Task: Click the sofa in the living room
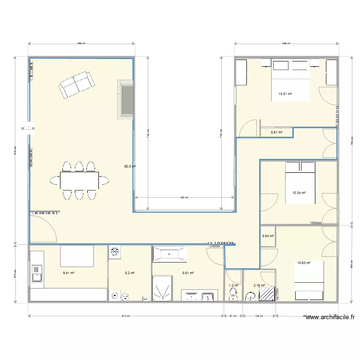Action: pos(76,84)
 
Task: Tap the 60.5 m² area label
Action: pos(130,167)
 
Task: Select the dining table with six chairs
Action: pos(80,180)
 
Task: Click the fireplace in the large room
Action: pos(126,99)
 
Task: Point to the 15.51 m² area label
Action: pos(286,94)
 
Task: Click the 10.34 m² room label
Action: pos(299,193)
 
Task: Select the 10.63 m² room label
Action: pos(304,263)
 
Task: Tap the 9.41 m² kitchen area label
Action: pos(69,273)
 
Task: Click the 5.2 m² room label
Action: pos(130,273)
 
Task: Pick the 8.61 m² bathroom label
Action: pos(188,273)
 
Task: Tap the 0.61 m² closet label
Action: pos(276,132)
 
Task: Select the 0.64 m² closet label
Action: pos(268,236)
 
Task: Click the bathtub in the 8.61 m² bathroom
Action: pos(169,253)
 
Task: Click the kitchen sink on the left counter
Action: pos(36,276)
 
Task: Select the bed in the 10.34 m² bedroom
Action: pos(300,183)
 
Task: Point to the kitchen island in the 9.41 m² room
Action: pos(77,255)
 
